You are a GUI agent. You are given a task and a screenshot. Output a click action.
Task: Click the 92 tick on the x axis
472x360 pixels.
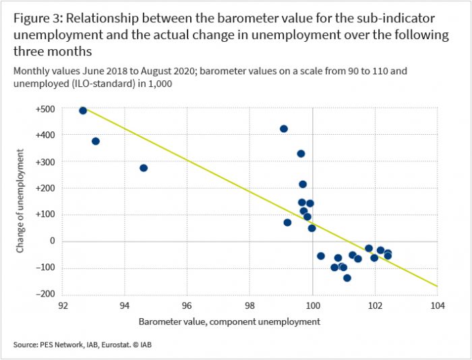click(62, 305)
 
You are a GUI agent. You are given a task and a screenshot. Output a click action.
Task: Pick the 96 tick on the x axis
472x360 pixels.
click(187, 305)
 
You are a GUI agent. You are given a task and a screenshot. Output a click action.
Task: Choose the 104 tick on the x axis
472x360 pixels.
click(438, 305)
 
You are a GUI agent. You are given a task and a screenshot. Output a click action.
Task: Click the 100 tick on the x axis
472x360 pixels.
click(312, 305)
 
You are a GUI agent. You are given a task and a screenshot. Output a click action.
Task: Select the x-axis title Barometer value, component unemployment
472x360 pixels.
click(229, 322)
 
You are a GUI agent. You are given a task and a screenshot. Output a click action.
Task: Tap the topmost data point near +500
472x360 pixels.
click(83, 111)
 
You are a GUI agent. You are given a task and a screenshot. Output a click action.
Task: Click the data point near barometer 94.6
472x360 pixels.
click(144, 168)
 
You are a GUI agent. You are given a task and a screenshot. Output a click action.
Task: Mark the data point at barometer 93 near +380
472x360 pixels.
click(96, 141)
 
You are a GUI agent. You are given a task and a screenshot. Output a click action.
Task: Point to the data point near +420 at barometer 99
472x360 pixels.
click(284, 129)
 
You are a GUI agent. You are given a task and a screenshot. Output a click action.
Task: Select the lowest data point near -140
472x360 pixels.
click(347, 278)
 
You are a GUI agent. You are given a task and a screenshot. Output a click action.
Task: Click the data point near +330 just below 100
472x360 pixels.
click(301, 154)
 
